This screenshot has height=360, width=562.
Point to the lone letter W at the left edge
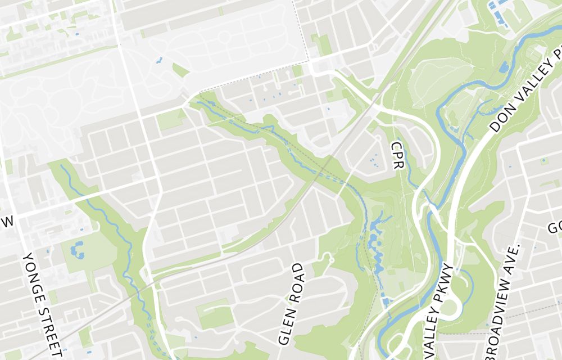point(7,221)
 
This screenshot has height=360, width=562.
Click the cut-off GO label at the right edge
point(555,227)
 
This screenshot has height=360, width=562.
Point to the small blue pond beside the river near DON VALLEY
point(503,67)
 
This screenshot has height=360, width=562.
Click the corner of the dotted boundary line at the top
point(308,60)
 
